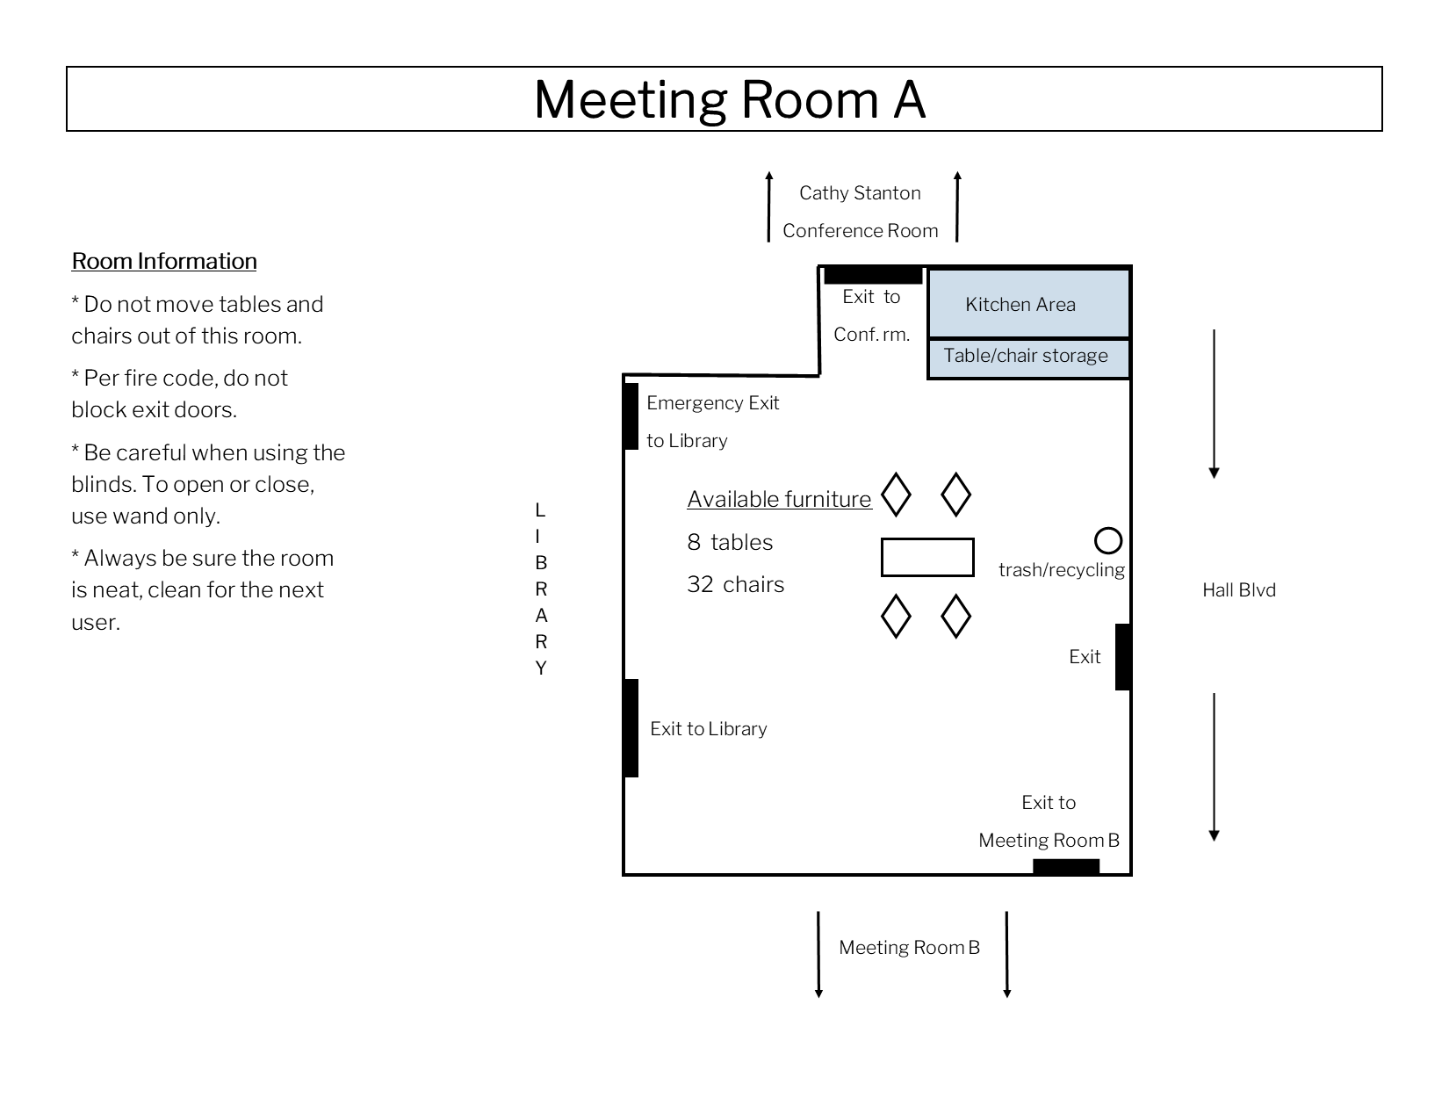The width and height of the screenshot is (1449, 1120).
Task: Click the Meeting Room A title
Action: point(729,99)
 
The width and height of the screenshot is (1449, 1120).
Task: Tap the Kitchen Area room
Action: point(1028,303)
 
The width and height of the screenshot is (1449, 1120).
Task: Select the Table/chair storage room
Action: point(1028,358)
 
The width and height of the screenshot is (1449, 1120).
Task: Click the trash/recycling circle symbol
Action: point(1108,540)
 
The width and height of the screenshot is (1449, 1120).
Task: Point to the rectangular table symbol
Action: point(927,557)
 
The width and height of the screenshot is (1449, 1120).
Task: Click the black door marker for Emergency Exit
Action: point(631,416)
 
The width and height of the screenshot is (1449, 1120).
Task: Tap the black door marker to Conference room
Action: point(873,275)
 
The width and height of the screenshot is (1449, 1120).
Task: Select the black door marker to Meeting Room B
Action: point(1066,867)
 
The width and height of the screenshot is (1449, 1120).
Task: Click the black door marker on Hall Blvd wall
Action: point(1122,657)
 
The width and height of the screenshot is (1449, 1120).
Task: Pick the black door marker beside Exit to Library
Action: point(631,728)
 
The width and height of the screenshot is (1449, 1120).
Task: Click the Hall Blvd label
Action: point(1238,590)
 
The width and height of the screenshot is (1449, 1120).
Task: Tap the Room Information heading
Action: point(164,261)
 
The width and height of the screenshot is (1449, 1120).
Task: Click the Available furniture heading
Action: point(779,499)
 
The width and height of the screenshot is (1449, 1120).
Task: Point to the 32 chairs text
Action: point(735,585)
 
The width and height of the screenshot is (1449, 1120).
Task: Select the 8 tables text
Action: point(730,542)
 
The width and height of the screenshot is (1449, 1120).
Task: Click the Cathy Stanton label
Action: point(860,193)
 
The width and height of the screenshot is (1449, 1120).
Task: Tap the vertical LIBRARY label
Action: point(541,589)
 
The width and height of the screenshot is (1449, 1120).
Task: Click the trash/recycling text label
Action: point(1061,570)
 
